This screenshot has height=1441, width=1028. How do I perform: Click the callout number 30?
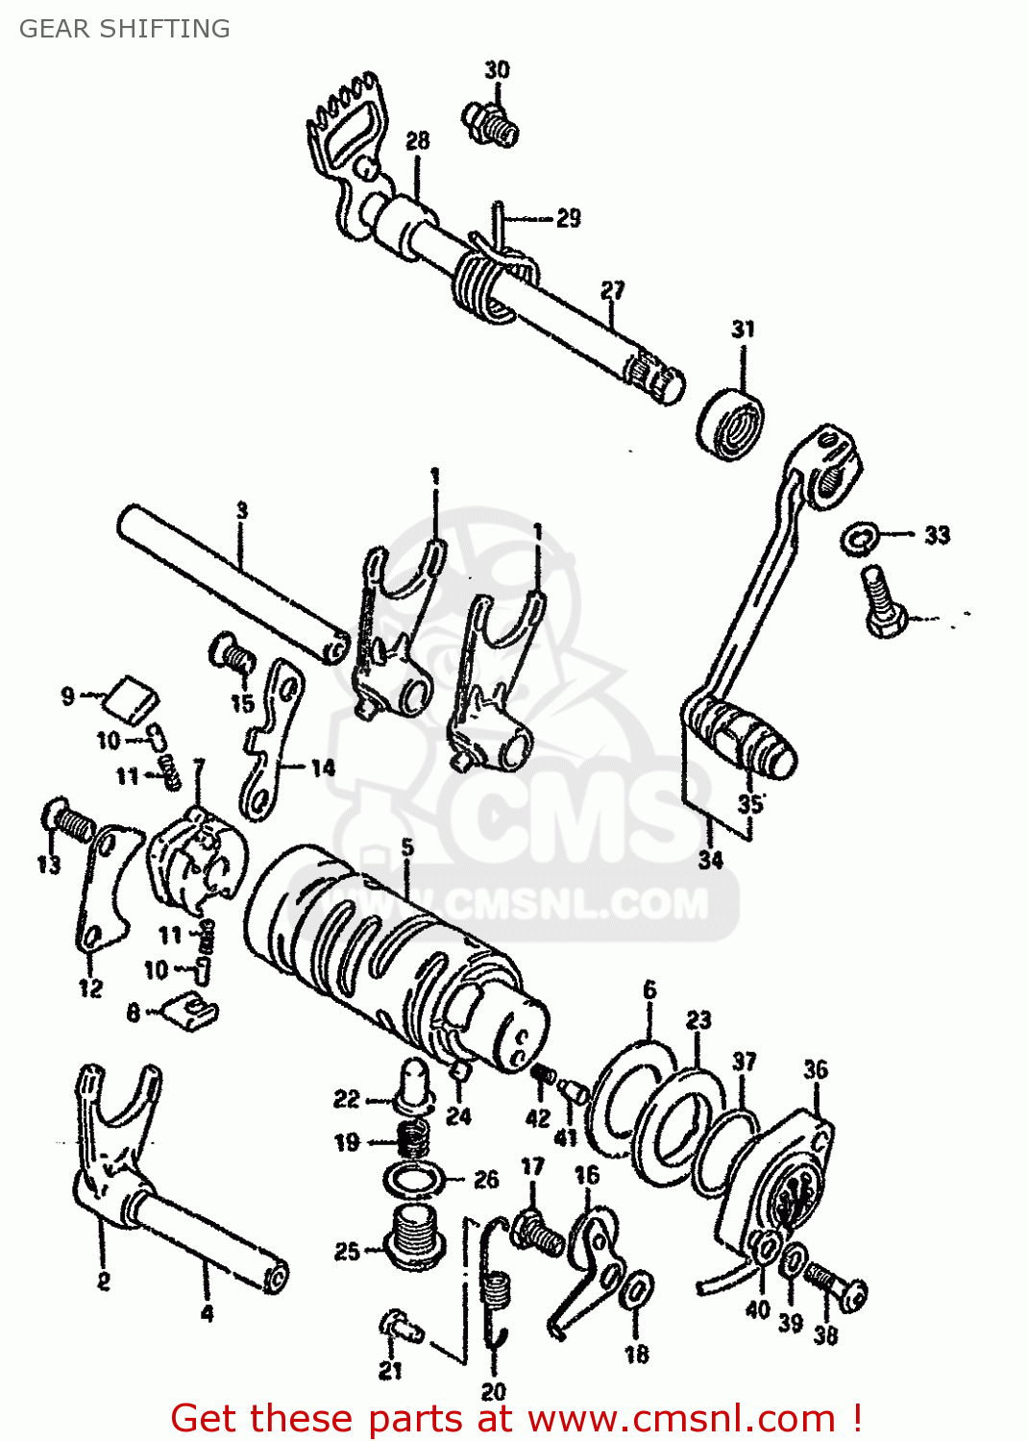click(x=497, y=69)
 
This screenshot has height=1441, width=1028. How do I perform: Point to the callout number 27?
click(x=613, y=289)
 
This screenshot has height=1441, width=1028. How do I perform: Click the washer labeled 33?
click(x=858, y=539)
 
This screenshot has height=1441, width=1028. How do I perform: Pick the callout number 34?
click(x=710, y=860)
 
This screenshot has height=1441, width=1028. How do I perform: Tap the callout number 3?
click(x=242, y=510)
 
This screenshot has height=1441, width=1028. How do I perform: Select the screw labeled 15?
click(x=233, y=657)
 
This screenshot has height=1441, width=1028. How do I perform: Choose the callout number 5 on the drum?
click(x=408, y=847)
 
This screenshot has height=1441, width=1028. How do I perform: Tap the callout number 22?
click(x=346, y=1098)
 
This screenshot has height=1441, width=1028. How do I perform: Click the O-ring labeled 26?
click(x=414, y=1179)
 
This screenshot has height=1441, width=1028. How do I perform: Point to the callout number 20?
click(x=493, y=1392)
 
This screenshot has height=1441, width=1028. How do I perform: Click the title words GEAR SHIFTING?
click(x=125, y=29)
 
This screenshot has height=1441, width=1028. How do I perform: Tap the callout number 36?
click(x=816, y=1069)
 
